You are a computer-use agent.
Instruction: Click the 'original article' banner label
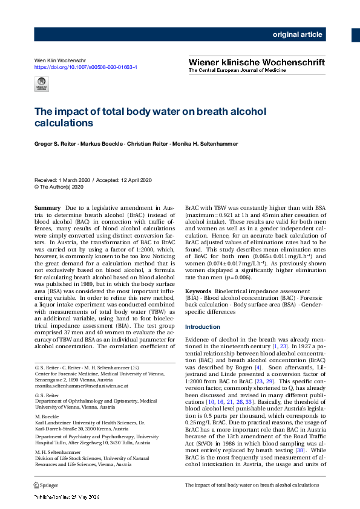[297, 34]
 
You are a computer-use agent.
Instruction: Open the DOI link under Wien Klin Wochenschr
[85, 67]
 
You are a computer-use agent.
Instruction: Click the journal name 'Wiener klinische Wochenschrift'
[257, 62]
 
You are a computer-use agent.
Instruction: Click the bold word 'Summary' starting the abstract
[47, 208]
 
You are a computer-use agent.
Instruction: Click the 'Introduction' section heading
[202, 327]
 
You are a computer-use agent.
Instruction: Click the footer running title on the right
[252, 485]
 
